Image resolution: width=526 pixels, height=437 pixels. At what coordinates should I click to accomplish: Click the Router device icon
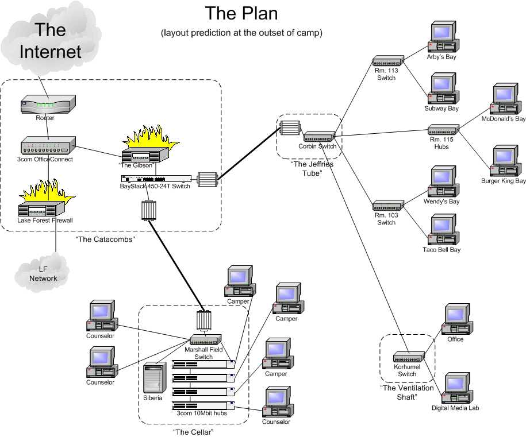click(x=48, y=105)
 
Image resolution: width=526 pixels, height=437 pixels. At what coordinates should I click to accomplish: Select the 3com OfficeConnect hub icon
click(x=48, y=146)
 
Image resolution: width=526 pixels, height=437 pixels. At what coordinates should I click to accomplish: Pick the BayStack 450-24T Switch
click(x=156, y=179)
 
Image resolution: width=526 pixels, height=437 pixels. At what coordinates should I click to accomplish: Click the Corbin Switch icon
click(x=320, y=137)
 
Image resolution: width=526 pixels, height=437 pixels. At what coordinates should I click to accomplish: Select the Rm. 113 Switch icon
click(x=388, y=61)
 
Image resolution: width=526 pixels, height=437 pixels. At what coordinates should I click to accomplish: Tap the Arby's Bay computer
click(x=443, y=37)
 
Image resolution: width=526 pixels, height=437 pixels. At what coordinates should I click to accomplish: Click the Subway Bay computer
click(x=443, y=88)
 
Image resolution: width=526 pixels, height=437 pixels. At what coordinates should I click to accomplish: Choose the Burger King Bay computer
click(x=505, y=161)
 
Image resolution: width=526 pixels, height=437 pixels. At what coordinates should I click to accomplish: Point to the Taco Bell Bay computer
click(x=443, y=230)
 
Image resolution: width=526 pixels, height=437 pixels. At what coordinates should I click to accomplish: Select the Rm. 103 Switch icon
click(x=388, y=206)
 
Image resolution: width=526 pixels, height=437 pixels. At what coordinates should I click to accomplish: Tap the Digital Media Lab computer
click(x=457, y=388)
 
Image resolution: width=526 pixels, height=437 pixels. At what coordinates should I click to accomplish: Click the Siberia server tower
click(x=155, y=377)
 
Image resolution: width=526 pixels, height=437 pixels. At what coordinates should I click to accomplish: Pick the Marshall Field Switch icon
click(x=206, y=340)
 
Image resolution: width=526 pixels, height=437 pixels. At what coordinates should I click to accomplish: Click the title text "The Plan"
click(x=241, y=13)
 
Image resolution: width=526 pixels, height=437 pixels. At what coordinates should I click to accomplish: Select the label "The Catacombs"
click(x=105, y=239)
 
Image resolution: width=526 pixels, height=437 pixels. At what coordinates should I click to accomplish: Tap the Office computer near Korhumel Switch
click(x=457, y=319)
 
